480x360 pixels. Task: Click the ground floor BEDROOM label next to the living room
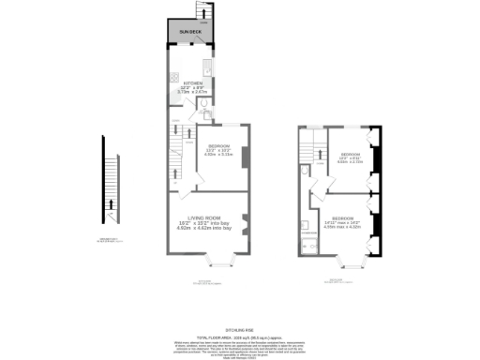[217, 145]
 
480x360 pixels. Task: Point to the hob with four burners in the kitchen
[173, 77]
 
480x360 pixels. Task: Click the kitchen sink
[207, 69]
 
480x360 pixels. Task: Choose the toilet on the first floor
[307, 172]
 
